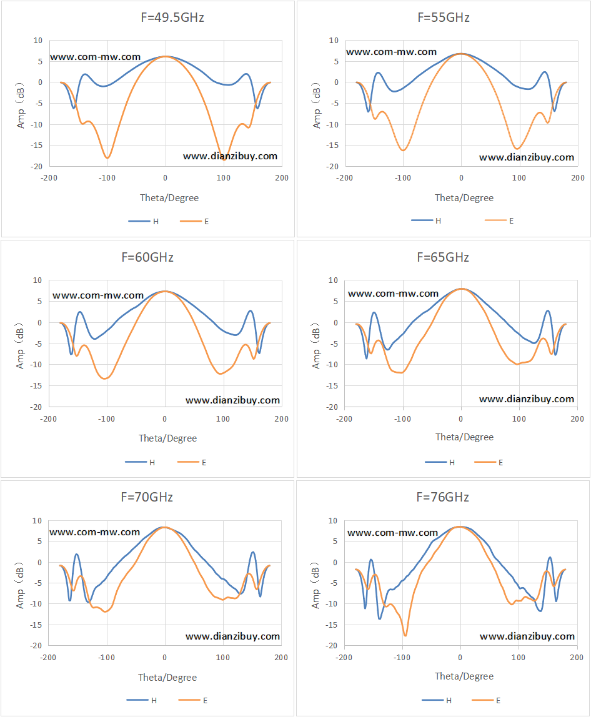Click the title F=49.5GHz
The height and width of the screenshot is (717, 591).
(x=172, y=17)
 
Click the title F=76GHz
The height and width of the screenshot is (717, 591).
(x=443, y=497)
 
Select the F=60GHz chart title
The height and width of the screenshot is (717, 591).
(x=147, y=257)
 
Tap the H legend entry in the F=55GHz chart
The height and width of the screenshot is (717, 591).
(x=426, y=221)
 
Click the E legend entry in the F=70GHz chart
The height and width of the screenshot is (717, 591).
(x=193, y=700)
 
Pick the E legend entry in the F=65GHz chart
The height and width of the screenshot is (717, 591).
(x=489, y=462)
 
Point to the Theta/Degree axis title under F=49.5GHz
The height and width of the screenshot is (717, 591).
(x=169, y=198)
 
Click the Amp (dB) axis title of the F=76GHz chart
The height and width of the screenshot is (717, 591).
(x=315, y=586)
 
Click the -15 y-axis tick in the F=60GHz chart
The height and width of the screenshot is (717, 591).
(x=36, y=385)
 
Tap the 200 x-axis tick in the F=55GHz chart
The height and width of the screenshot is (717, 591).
(x=578, y=178)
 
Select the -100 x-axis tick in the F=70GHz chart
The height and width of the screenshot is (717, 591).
(x=107, y=658)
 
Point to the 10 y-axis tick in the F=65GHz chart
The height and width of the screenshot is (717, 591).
(x=334, y=280)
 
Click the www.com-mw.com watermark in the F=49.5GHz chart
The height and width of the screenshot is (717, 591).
(x=95, y=57)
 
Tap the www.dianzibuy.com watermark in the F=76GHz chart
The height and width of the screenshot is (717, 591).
(x=527, y=636)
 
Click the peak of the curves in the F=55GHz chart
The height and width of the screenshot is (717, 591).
(x=461, y=54)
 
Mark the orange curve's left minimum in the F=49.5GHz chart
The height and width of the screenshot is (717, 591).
(x=107, y=158)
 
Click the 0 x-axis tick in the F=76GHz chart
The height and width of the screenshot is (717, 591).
(x=460, y=658)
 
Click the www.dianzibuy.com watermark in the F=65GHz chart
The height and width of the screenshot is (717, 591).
(x=527, y=398)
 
